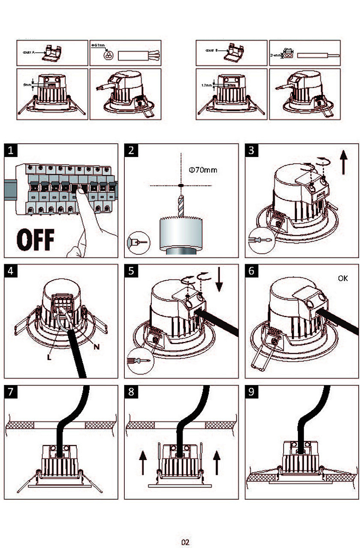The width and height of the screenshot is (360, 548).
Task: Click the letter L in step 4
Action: point(49,357)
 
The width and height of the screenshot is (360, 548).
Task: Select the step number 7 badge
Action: point(11,392)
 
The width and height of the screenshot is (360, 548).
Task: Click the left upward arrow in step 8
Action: point(143,462)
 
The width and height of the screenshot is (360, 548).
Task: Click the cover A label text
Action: point(28,53)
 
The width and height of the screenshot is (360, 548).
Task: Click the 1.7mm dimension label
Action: point(207,85)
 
